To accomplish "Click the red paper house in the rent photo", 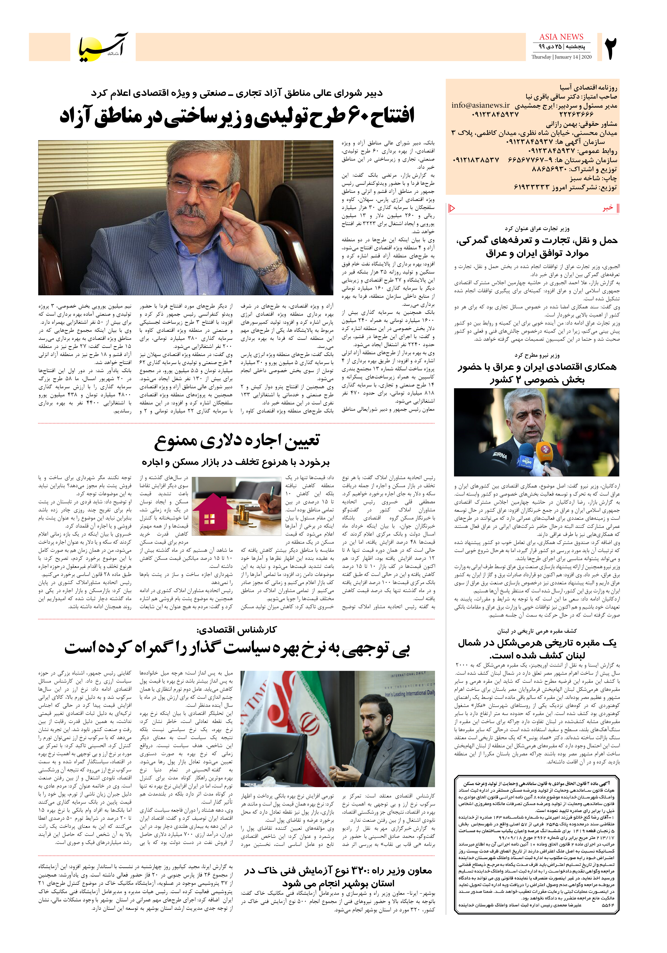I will point(210,515).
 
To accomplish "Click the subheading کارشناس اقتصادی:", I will point(237,630).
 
